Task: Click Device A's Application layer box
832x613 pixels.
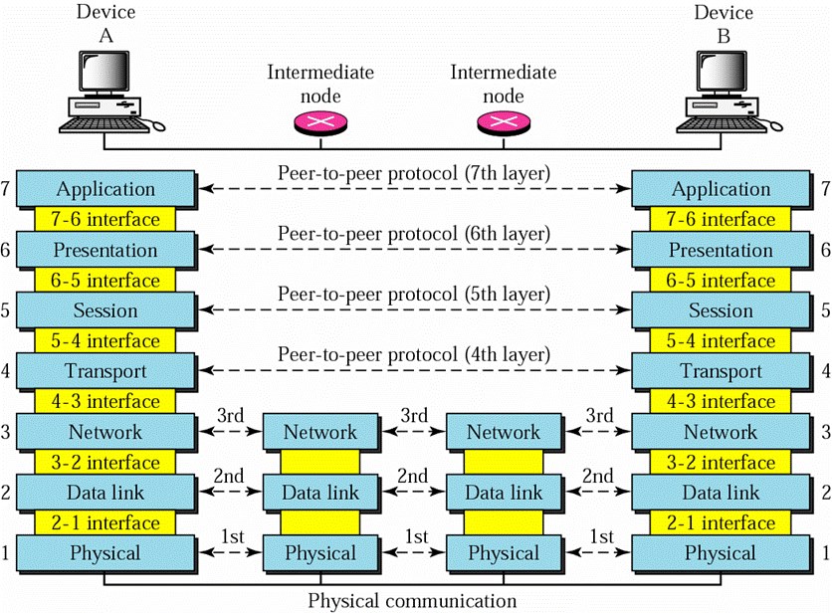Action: click(105, 188)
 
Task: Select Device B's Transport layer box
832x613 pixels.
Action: click(721, 371)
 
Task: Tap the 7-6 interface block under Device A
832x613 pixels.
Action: click(105, 219)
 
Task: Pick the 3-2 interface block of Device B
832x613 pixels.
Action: click(721, 463)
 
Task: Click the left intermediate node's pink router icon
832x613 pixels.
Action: click(320, 123)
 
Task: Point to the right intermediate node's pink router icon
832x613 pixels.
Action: click(504, 123)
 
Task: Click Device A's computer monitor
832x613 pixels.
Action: click(104, 73)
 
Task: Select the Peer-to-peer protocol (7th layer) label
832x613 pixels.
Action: click(414, 173)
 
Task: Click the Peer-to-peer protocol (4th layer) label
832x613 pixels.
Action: click(414, 355)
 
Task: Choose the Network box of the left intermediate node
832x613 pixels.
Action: click(320, 432)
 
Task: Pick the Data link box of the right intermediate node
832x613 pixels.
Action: click(504, 493)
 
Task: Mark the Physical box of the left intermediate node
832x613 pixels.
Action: click(320, 553)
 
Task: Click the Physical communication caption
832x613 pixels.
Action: click(412, 601)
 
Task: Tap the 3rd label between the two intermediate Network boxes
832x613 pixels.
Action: click(414, 415)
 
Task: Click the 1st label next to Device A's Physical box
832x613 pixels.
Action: click(232, 536)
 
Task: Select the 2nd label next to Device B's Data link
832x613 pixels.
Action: click(597, 476)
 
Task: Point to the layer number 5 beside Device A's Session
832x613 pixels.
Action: click(5, 309)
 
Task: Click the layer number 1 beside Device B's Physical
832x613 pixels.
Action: click(826, 553)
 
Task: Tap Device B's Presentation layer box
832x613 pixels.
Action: click(721, 250)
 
